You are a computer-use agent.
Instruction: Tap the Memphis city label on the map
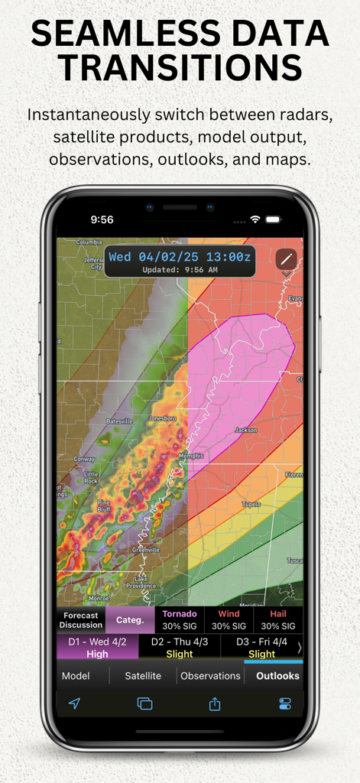(x=190, y=456)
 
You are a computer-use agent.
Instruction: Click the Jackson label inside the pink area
(x=246, y=430)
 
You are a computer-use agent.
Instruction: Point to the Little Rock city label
(x=90, y=477)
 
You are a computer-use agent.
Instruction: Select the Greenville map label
(x=145, y=550)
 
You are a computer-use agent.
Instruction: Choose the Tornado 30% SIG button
(x=178, y=619)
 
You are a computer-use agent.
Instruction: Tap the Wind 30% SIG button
(x=229, y=619)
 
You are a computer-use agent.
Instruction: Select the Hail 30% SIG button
(x=278, y=619)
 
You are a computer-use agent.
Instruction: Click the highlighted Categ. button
(x=129, y=620)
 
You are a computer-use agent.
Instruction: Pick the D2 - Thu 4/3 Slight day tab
(x=180, y=647)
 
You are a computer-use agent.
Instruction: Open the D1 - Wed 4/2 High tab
(x=97, y=647)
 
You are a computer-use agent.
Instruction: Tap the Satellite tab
(x=143, y=676)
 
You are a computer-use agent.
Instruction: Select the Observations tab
(x=210, y=676)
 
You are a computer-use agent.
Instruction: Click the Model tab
(x=76, y=676)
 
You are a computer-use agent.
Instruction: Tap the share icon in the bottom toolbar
(x=215, y=704)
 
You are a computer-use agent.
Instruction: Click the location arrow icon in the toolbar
(x=74, y=704)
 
